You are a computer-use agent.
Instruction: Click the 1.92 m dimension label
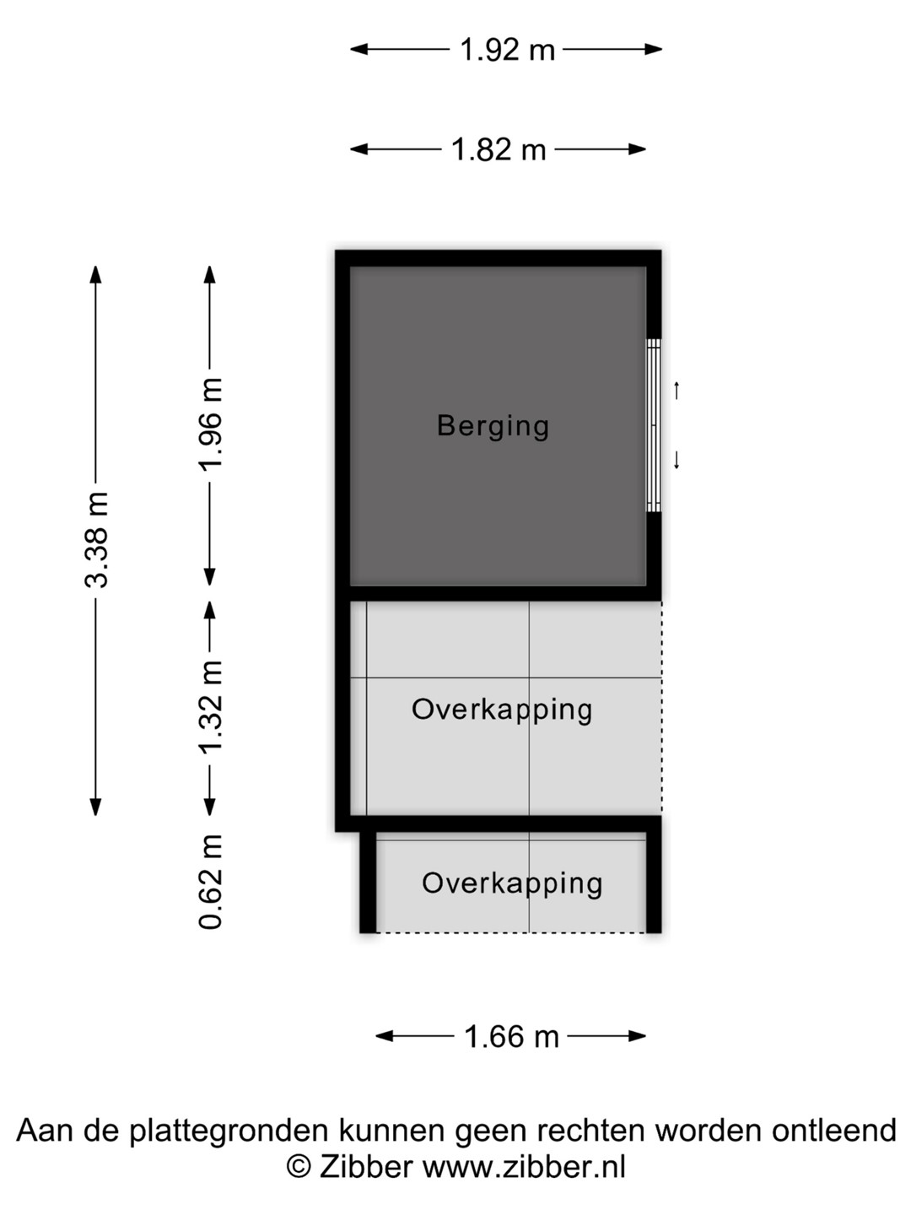[x=507, y=50]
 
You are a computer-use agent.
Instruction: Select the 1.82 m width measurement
[x=499, y=149]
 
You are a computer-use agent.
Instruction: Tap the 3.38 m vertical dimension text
[x=96, y=538]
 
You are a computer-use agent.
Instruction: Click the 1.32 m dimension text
[x=210, y=707]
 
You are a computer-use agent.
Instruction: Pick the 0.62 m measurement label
[x=210, y=883]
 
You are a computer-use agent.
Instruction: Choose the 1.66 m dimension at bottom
[x=511, y=1036]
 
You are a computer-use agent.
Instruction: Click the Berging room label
[x=493, y=426]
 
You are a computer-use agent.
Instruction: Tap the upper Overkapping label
[x=502, y=710]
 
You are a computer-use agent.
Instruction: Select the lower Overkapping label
[x=512, y=884]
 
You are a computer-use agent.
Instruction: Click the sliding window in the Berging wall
[x=654, y=425]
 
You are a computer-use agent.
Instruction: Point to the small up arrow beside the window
[x=677, y=391]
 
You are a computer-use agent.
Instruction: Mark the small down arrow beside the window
[x=677, y=461]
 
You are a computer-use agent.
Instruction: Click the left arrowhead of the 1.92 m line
[x=358, y=49]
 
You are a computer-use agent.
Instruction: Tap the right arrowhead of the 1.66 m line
[x=638, y=1036]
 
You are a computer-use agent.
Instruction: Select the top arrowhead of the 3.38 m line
[x=95, y=274]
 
